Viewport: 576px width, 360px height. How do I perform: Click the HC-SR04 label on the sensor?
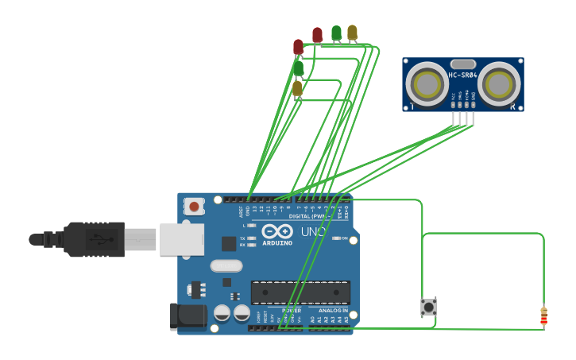462,75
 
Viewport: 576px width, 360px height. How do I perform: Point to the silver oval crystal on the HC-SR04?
462,64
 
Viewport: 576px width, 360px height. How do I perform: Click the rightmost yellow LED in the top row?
353,33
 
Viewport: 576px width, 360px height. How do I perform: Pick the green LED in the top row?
336,33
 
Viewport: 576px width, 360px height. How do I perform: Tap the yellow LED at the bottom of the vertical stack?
297,88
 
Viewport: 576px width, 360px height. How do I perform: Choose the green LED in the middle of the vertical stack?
298,68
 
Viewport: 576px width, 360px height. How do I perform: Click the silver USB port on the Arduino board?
182,239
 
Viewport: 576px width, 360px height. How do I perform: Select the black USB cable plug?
94,239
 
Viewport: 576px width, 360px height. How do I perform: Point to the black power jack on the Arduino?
187,316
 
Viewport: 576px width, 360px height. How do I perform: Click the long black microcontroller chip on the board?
300,292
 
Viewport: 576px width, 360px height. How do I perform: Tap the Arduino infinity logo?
277,232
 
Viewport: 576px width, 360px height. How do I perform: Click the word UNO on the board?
313,232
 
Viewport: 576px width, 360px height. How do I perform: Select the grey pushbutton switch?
428,306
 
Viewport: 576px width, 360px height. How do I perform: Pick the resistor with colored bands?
543,316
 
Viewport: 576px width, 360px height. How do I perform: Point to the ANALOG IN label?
334,310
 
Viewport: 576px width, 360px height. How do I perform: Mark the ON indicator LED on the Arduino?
337,238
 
